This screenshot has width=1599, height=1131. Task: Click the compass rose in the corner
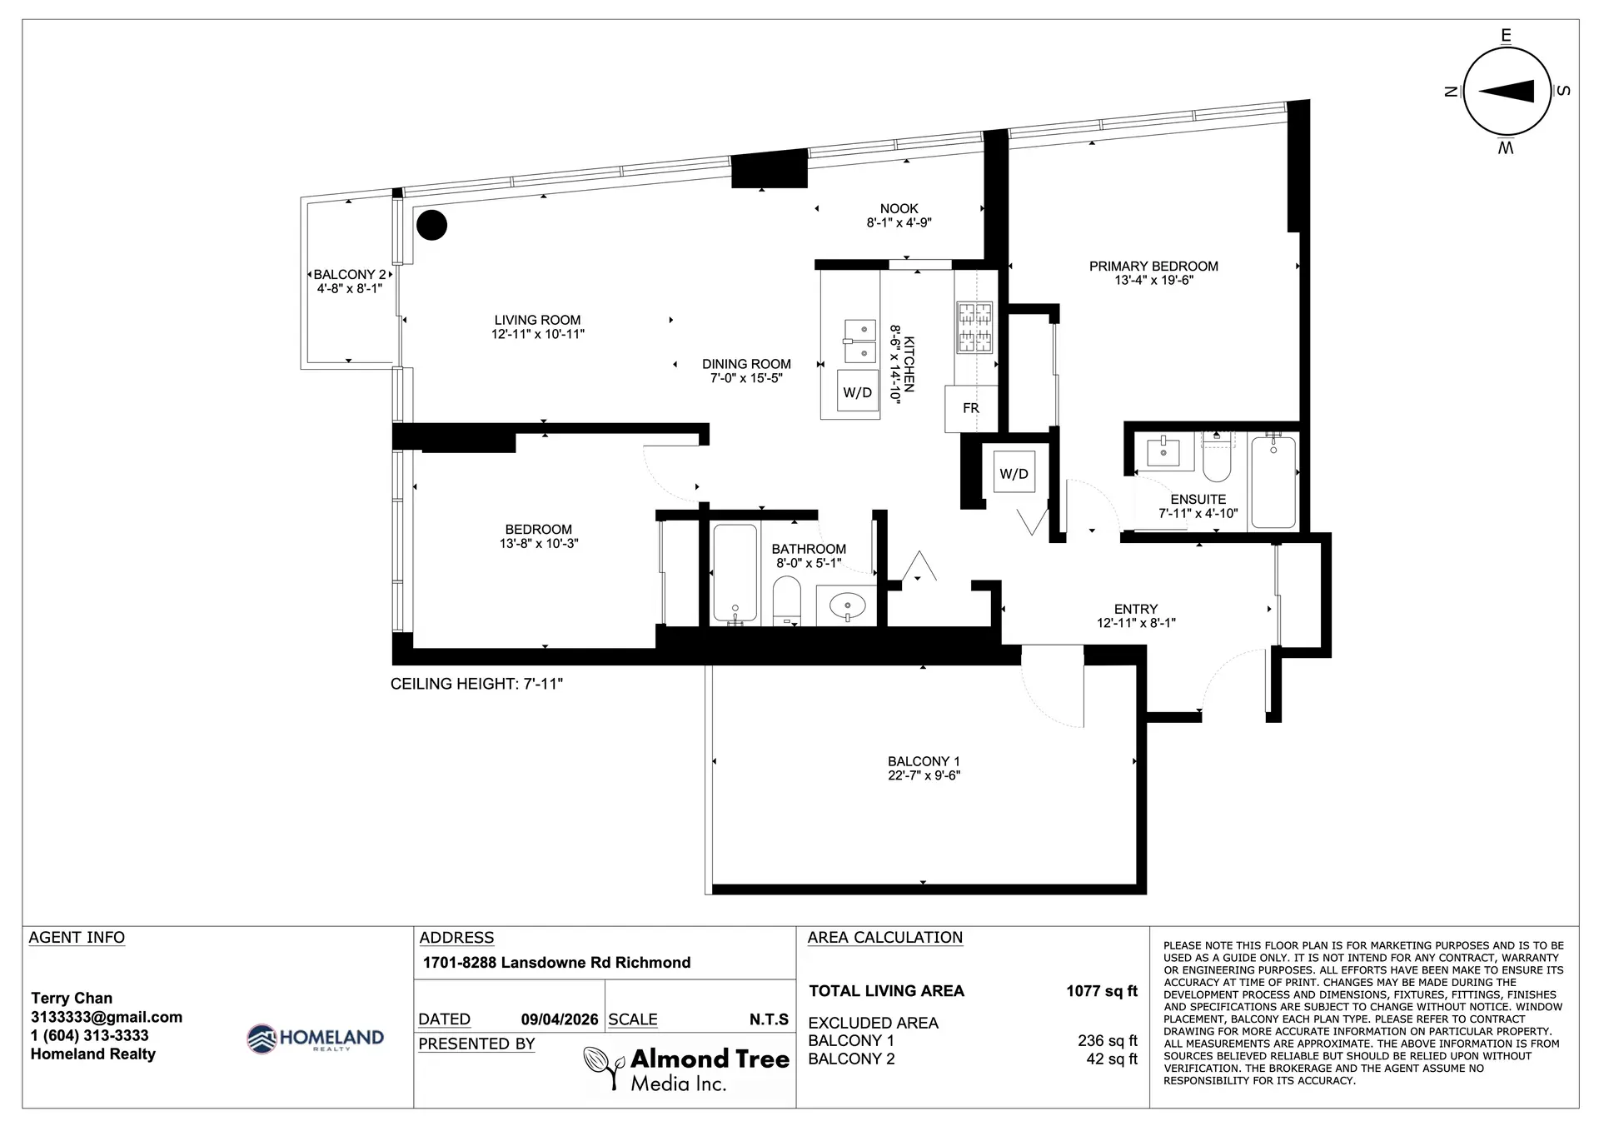click(1506, 91)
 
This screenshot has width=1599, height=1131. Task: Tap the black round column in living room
click(431, 225)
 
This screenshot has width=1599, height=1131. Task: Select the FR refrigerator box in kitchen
click(971, 409)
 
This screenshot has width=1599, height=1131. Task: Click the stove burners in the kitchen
click(974, 326)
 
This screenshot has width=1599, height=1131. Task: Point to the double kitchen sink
click(859, 341)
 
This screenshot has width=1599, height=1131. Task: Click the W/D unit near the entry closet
click(1014, 474)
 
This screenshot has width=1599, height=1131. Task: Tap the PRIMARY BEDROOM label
click(1153, 267)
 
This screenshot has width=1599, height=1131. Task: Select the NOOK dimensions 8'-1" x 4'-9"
click(899, 223)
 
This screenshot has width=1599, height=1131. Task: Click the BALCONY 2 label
click(349, 275)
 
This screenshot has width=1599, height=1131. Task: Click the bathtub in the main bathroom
click(735, 573)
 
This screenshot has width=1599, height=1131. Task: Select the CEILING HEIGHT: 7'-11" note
click(477, 684)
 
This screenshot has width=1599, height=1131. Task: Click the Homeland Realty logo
click(316, 1039)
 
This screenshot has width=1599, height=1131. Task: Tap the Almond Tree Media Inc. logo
click(686, 1069)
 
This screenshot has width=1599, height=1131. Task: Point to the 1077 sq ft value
click(1101, 991)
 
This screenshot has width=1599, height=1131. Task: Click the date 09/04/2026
click(560, 1019)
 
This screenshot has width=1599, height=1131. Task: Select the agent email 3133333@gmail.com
click(107, 1017)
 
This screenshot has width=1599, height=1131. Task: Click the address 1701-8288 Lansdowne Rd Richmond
click(556, 963)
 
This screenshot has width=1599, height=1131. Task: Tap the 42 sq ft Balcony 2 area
click(1111, 1059)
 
